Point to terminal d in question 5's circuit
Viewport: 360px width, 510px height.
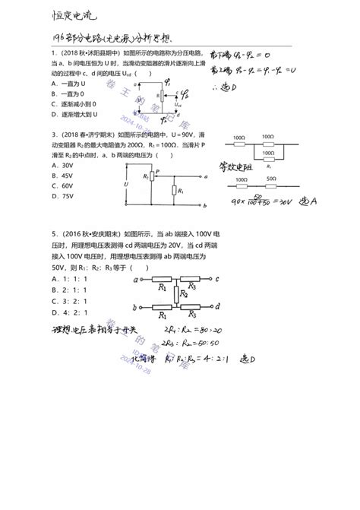click(218, 306)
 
